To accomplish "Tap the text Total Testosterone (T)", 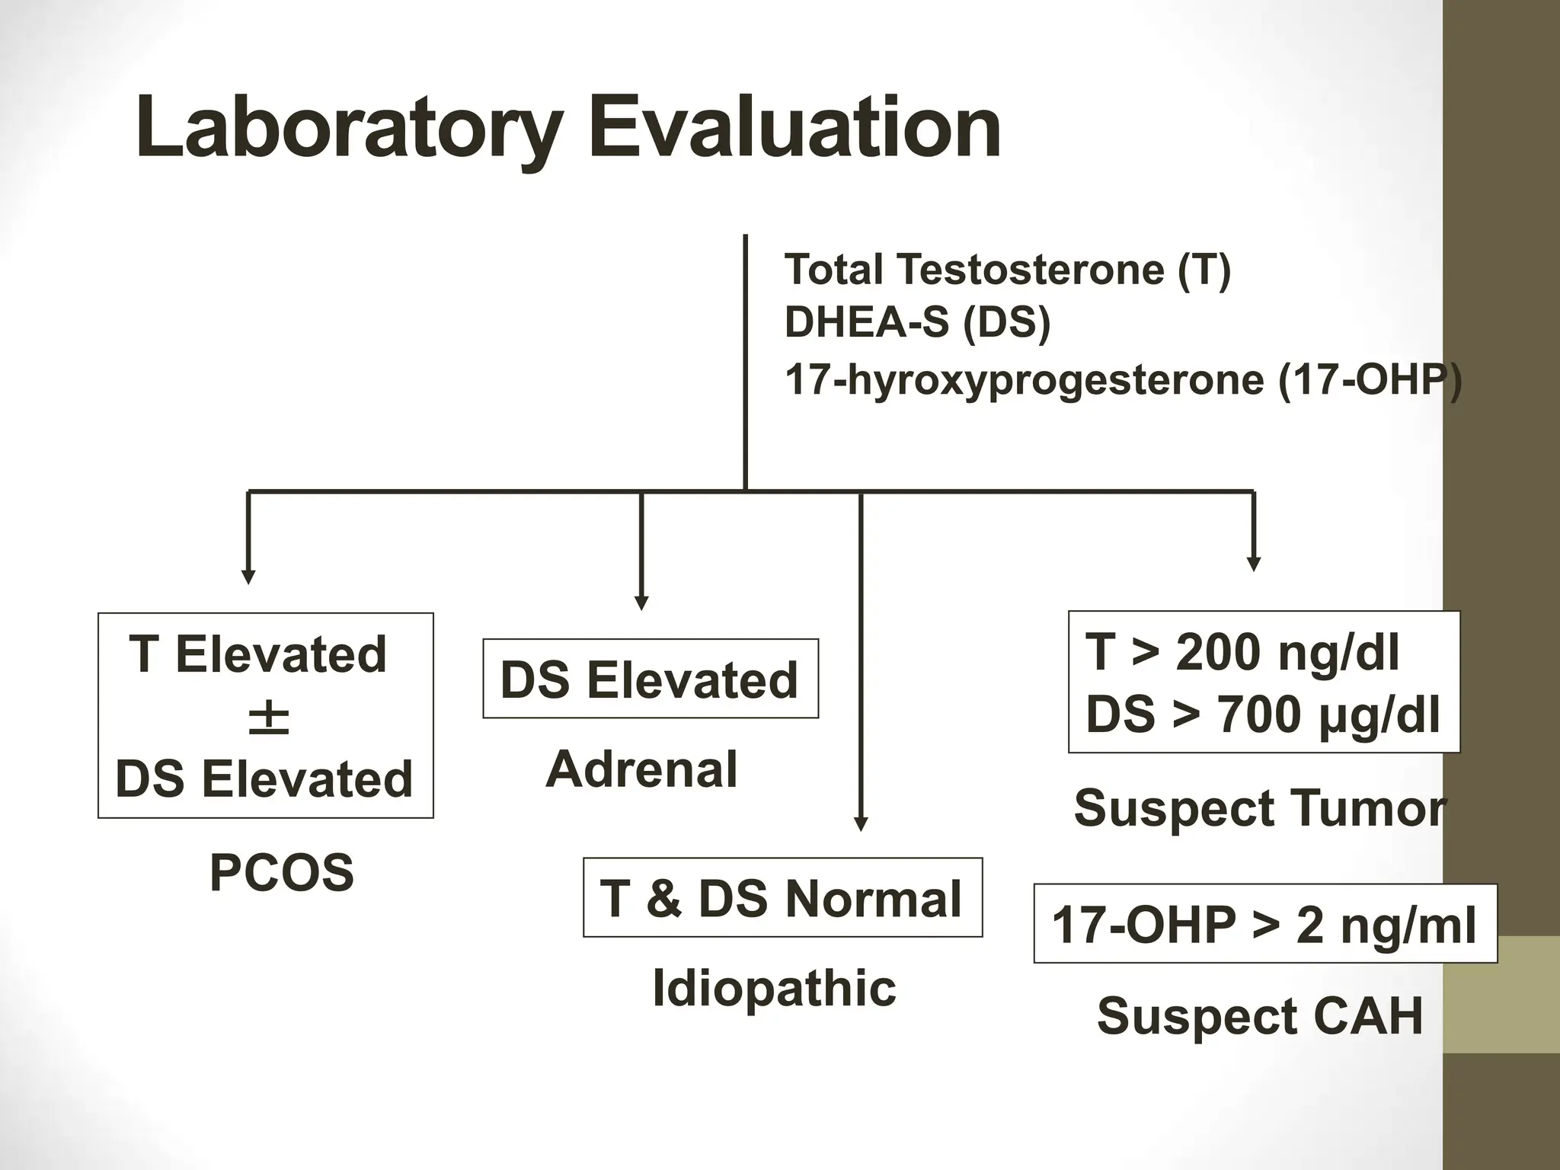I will click(x=1007, y=270).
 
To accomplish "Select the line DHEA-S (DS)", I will click(x=917, y=322).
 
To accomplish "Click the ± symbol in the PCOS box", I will click(x=268, y=719).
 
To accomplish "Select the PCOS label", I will click(x=281, y=873).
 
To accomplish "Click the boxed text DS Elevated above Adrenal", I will click(x=650, y=679).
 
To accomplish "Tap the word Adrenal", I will click(x=641, y=769).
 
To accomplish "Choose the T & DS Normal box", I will click(x=782, y=898).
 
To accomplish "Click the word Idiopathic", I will click(x=774, y=989).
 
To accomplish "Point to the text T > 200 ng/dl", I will click(x=1242, y=653).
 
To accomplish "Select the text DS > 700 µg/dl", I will click(x=1262, y=714).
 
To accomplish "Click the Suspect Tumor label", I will click(x=1259, y=808).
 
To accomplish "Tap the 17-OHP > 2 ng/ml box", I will click(x=1264, y=925).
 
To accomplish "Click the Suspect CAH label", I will click(x=1260, y=1016).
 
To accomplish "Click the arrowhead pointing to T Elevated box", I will click(x=248, y=577).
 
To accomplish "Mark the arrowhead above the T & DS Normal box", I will click(x=861, y=824).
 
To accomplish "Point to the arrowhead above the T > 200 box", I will click(x=1254, y=564).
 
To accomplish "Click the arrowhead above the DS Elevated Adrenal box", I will click(x=641, y=603).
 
